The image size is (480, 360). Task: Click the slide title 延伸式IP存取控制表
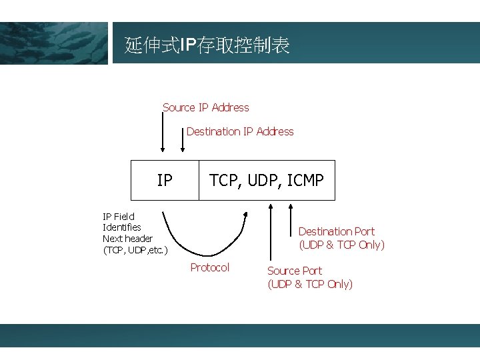click(x=207, y=45)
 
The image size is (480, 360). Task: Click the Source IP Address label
click(x=205, y=107)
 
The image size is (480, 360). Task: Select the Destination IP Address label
click(x=240, y=131)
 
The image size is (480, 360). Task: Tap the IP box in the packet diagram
click(x=165, y=180)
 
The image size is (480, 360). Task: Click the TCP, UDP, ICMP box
click(x=267, y=180)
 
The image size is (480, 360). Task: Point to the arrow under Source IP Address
click(x=162, y=133)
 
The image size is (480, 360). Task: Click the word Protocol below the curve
click(x=209, y=267)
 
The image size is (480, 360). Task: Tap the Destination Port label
click(x=336, y=231)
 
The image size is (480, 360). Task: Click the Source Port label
click(x=294, y=271)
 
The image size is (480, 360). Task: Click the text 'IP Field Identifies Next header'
click(x=127, y=227)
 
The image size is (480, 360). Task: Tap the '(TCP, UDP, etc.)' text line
click(x=135, y=250)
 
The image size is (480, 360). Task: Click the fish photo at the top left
click(x=53, y=43)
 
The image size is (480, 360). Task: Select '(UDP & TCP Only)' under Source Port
click(x=310, y=284)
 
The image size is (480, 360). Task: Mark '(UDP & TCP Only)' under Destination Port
click(x=341, y=245)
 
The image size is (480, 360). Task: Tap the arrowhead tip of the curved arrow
click(x=246, y=214)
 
